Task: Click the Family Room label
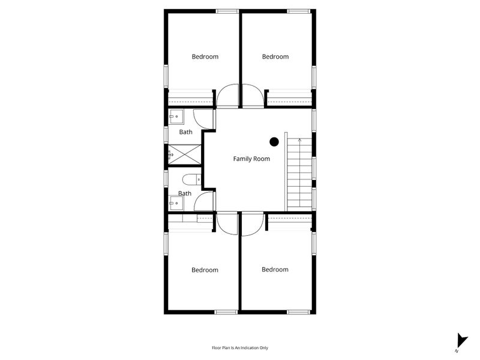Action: [251, 159]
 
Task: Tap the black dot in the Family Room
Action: [274, 142]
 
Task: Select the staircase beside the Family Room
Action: [299, 174]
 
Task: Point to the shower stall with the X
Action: [185, 155]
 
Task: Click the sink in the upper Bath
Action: [176, 116]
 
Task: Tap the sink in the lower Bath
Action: [176, 203]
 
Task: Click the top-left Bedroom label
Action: [205, 56]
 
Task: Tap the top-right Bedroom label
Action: [275, 56]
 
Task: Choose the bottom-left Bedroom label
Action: [205, 270]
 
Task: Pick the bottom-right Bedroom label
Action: [275, 269]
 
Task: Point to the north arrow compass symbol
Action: [461, 341]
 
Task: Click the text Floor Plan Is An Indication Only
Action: [240, 348]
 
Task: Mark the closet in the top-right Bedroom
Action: [290, 98]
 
